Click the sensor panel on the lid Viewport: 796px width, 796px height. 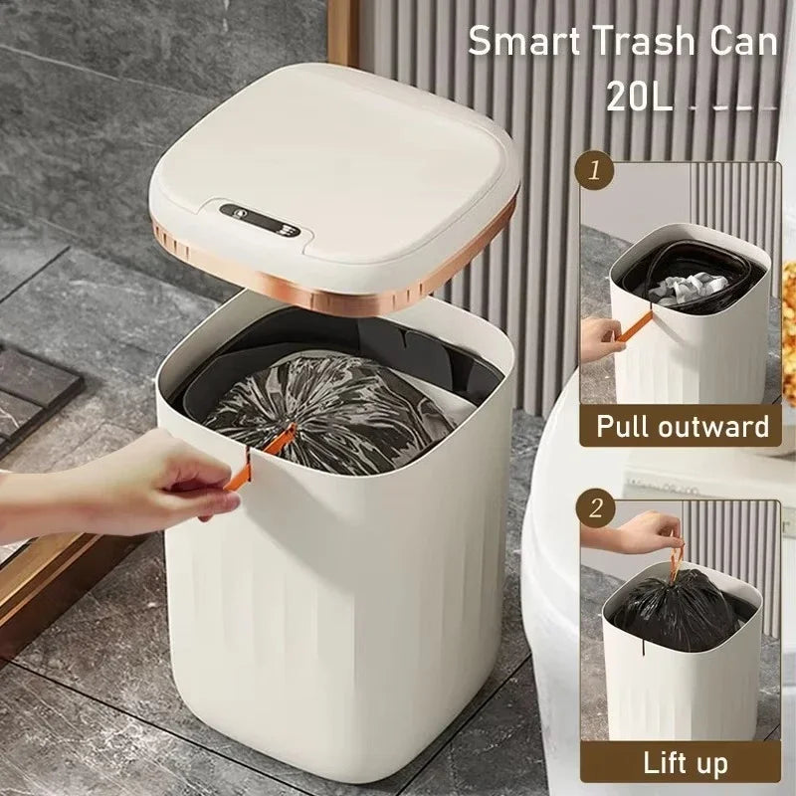pyautogui.click(x=260, y=219)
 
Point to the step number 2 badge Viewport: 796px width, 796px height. pyautogui.click(x=596, y=509)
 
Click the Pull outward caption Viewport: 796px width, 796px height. pyautogui.click(x=682, y=427)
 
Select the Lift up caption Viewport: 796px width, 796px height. pyautogui.click(x=685, y=764)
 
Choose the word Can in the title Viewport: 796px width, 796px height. pyautogui.click(x=741, y=42)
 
